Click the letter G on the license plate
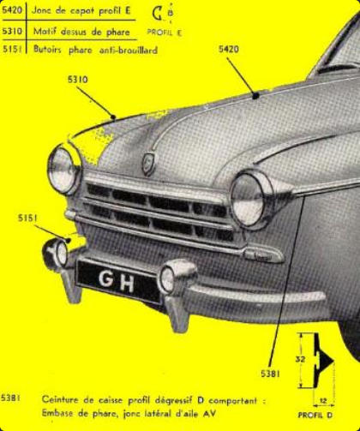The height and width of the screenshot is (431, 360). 105,278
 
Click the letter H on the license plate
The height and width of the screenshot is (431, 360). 127,283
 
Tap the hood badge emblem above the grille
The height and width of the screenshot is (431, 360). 148,164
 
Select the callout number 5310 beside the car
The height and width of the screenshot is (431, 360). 78,80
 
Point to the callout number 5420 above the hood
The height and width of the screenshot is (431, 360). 229,49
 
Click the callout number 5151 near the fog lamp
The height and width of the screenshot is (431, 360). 27,218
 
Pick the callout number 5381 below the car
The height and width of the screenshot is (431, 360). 271,374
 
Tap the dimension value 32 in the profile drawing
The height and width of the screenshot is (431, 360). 300,359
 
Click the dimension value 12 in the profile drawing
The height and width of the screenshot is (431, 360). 323,401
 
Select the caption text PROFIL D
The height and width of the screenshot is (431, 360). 315,415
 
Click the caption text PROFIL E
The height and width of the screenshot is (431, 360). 165,33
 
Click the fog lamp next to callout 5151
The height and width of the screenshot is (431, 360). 56,254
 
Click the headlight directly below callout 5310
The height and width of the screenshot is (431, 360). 64,171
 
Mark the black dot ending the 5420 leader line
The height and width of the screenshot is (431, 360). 255,96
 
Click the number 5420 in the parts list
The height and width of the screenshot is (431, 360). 12,10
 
